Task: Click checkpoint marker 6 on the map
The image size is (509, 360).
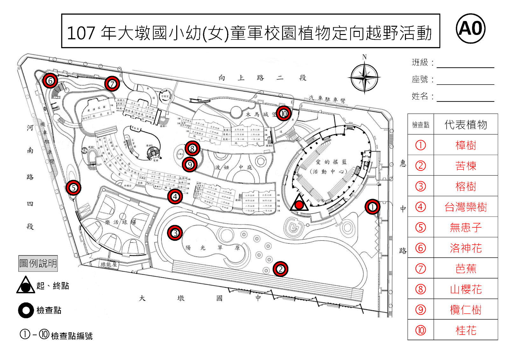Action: click(50, 81)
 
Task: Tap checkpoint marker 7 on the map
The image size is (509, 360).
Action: click(112, 84)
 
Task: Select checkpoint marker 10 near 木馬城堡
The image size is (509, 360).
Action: click(283, 113)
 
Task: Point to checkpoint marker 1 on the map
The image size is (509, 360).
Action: click(372, 207)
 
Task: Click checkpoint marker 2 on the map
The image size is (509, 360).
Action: click(280, 269)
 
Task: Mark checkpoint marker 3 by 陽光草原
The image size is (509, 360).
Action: click(175, 233)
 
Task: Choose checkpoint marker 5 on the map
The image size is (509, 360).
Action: click(73, 188)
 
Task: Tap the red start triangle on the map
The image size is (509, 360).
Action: click(299, 204)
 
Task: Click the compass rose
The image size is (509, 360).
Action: click(365, 77)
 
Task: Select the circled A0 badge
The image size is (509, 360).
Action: click(471, 29)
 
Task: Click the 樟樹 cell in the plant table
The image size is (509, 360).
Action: click(466, 145)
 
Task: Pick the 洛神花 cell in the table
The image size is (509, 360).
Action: click(466, 248)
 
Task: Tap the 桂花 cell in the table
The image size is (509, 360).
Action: click(466, 330)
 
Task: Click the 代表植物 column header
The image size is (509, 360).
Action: click(466, 124)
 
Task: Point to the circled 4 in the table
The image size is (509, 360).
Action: click(421, 207)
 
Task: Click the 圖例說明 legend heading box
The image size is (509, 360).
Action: click(38, 263)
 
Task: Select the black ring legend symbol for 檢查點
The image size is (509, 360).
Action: click(26, 310)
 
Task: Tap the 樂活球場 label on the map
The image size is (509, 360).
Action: click(121, 222)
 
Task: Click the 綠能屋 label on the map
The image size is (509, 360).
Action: click(109, 264)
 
